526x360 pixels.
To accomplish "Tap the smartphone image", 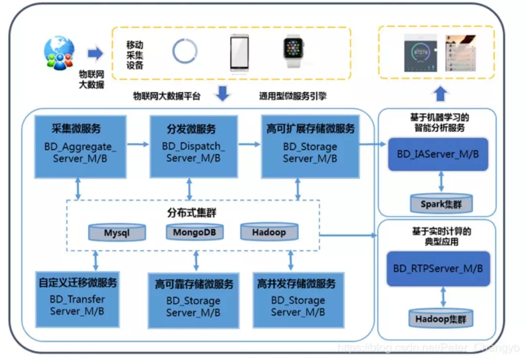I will [239, 53].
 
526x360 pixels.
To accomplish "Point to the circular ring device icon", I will [185, 51].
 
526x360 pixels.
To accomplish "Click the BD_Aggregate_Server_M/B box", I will [80, 146].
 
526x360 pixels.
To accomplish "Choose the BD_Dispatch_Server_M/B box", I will [193, 146].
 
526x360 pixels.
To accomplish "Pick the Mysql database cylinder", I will [117, 232].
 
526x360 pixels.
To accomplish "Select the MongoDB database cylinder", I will [194, 232].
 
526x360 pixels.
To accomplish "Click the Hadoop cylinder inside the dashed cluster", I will [269, 232].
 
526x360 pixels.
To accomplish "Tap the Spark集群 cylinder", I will [441, 204].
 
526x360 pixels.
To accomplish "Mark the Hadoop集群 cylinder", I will [441, 319].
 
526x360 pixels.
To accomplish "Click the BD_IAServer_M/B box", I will [438, 154].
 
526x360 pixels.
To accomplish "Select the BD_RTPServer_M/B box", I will [438, 268].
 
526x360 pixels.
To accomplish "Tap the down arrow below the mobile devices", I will [223, 94].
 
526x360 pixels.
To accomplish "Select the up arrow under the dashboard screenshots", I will [441, 94].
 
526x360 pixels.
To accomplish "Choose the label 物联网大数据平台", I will [167, 96].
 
